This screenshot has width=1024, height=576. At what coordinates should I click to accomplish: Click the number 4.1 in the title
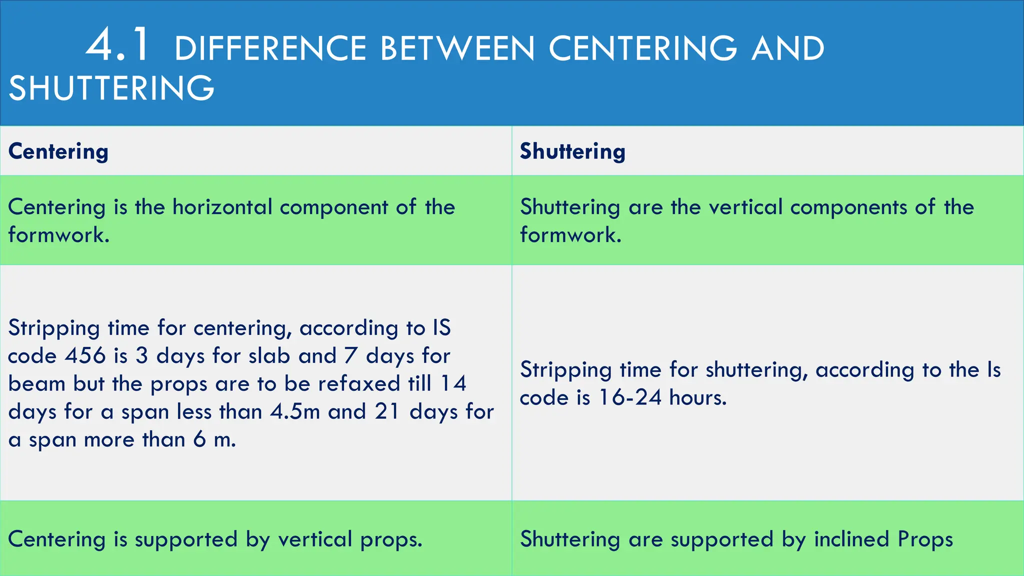coord(117,46)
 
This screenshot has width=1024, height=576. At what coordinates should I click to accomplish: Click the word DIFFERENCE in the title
coord(270,49)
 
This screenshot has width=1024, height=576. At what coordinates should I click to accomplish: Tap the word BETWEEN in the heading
coord(457,49)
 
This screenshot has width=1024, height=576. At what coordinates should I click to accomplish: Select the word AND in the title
coord(787,49)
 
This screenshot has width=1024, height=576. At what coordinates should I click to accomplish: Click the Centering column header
coord(58,151)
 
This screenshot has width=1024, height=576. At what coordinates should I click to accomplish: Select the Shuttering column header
coord(572,151)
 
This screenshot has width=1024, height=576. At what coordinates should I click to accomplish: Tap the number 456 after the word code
coord(85,356)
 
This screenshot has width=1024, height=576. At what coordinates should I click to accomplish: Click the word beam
coord(37,384)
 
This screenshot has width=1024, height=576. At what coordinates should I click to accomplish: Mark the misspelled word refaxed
coord(359,384)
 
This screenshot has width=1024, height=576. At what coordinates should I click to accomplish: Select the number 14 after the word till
coord(453,384)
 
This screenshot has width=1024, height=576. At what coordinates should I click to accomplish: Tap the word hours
coord(698,398)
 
